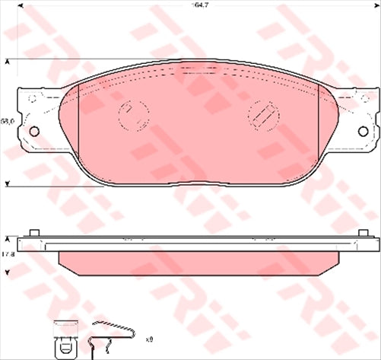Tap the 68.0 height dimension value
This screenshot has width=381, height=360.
coord(7,120)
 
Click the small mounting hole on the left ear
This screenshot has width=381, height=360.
coord(33,132)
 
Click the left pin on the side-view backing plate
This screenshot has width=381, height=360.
coord(32,231)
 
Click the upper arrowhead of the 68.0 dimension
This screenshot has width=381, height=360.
coord(8,61)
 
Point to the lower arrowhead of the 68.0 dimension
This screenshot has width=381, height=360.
coord(8,183)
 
